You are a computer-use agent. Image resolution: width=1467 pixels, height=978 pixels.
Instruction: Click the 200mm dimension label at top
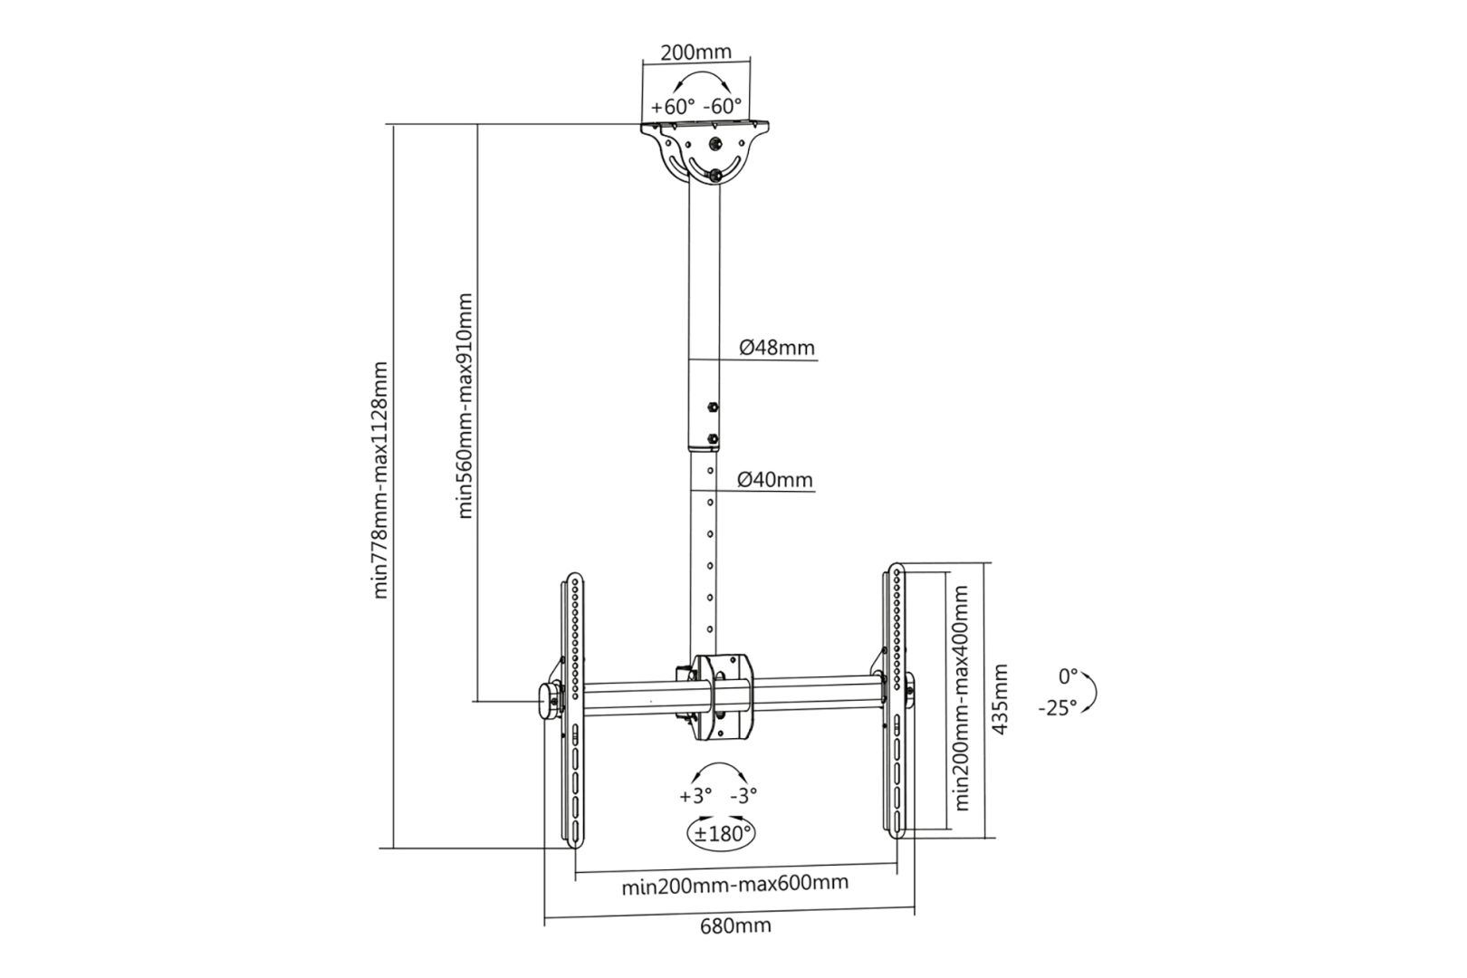coord(695,52)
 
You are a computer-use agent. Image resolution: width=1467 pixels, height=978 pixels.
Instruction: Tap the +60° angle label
coord(673,106)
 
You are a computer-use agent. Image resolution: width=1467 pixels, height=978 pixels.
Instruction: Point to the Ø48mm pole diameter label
coord(776,347)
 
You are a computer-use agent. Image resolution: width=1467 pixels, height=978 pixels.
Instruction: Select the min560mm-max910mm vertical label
coord(465,405)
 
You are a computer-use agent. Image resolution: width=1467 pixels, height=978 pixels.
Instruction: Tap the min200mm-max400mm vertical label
coord(962,697)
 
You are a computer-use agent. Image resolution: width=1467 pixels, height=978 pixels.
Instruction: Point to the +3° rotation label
coord(695,795)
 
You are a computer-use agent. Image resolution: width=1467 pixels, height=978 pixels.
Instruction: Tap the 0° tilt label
coord(1068,676)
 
